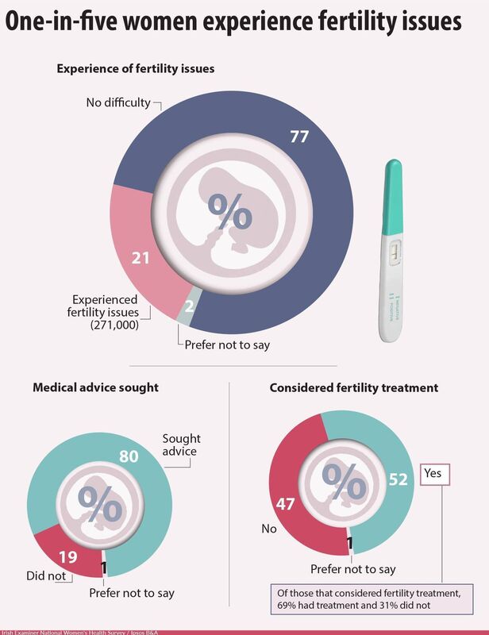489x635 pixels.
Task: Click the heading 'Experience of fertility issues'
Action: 135,69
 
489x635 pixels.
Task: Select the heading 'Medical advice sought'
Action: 95,387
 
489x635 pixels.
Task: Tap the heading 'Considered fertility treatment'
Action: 355,387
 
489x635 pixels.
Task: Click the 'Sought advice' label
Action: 181,445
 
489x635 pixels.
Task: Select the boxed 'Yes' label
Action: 432,472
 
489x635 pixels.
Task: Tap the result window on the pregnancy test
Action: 395,256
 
